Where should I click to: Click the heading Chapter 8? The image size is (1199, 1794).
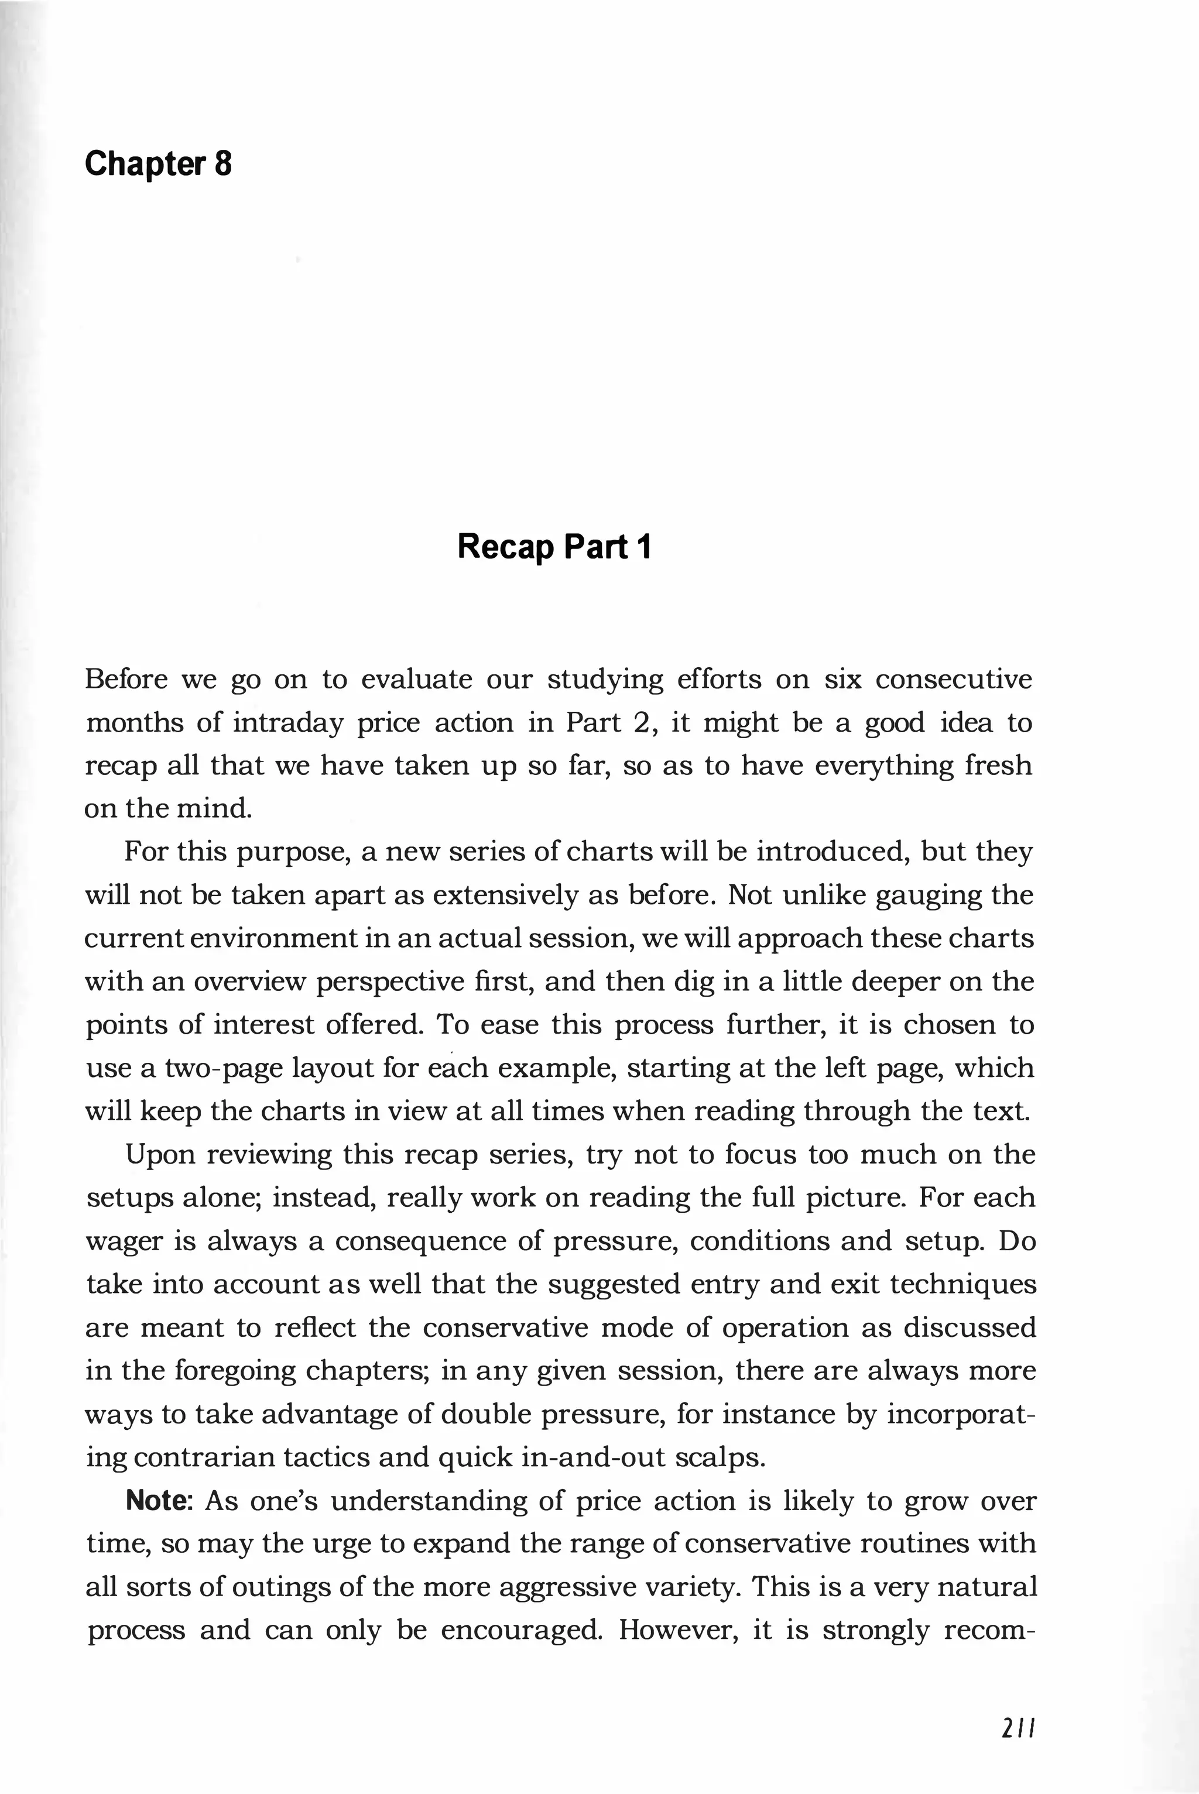(x=157, y=163)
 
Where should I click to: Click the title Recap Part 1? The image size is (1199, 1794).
(x=554, y=547)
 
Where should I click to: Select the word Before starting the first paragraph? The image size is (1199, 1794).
(x=126, y=679)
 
